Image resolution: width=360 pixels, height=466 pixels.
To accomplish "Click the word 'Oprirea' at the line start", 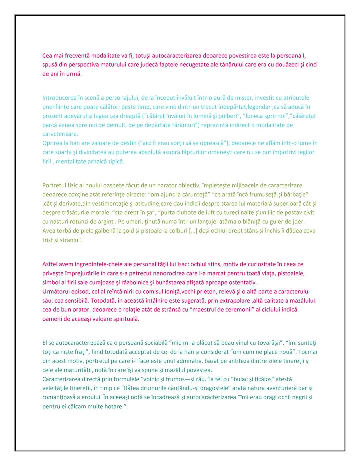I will [x=52, y=143].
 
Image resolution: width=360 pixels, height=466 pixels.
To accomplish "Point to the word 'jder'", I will [x=299, y=222].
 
